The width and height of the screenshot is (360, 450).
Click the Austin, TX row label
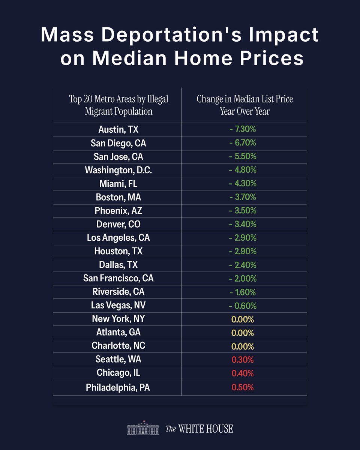(x=118, y=129)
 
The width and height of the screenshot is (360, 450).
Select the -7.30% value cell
(x=243, y=129)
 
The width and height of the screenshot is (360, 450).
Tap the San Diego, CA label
(x=118, y=143)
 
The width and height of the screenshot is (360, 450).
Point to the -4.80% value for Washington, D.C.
(x=243, y=170)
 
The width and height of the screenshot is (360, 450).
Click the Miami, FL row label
(x=118, y=183)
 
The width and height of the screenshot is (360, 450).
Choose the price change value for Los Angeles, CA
(x=243, y=238)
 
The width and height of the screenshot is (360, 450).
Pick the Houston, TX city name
(x=118, y=251)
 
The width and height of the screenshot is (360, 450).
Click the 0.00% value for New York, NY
(x=243, y=319)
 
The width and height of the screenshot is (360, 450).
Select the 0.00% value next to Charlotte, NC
(x=243, y=346)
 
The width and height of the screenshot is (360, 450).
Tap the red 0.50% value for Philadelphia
(x=243, y=387)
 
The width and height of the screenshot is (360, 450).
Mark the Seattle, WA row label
(x=118, y=360)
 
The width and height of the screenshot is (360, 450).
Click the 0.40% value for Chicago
(x=243, y=373)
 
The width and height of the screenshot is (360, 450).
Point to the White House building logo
(x=144, y=428)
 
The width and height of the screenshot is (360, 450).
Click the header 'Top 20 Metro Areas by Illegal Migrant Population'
(x=118, y=105)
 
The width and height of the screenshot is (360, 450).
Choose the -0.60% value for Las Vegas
(x=243, y=306)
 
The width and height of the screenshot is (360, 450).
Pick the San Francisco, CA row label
(x=118, y=278)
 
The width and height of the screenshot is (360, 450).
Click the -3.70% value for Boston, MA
(x=243, y=197)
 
